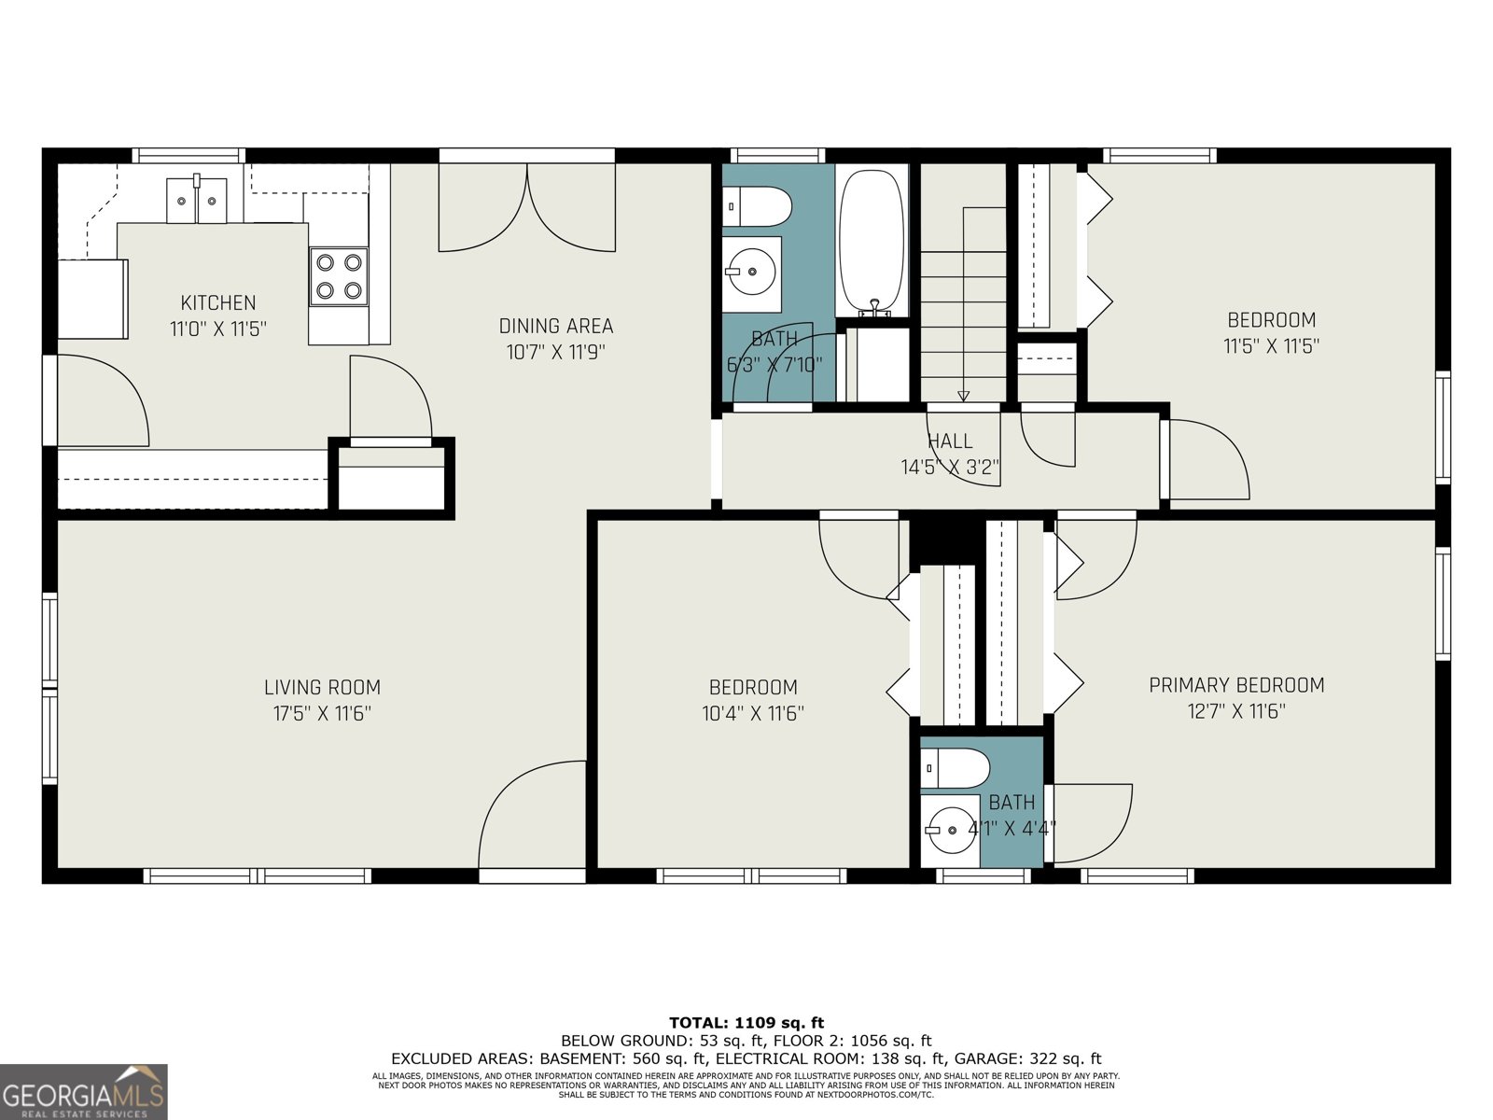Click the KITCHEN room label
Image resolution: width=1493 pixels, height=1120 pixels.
pyautogui.click(x=217, y=303)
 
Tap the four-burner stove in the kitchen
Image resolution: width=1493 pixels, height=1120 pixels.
pyautogui.click(x=338, y=276)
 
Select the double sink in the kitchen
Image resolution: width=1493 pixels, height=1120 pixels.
pyautogui.click(x=197, y=200)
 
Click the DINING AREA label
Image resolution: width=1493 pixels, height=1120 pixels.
pyautogui.click(x=556, y=327)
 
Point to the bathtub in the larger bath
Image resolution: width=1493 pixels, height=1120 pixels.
pyautogui.click(x=872, y=241)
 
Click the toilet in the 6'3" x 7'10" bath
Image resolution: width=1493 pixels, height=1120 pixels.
pyautogui.click(x=758, y=205)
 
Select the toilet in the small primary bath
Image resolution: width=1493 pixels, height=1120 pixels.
pyautogui.click(x=955, y=769)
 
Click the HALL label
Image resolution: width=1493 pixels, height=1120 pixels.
pyautogui.click(x=950, y=441)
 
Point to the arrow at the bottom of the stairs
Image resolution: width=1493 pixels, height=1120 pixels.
pyautogui.click(x=964, y=396)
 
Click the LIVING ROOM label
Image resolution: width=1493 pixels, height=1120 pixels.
pyautogui.click(x=322, y=688)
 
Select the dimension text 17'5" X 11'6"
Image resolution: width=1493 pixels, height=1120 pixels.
pyautogui.click(x=322, y=714)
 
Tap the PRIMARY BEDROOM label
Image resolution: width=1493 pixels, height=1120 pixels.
pyautogui.click(x=1236, y=685)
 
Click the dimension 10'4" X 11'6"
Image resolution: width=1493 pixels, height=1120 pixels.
pyautogui.click(x=753, y=714)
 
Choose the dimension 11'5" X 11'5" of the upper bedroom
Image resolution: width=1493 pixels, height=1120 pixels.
pyautogui.click(x=1271, y=346)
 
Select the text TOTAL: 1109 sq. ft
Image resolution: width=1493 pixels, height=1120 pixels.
pyautogui.click(x=746, y=1023)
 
